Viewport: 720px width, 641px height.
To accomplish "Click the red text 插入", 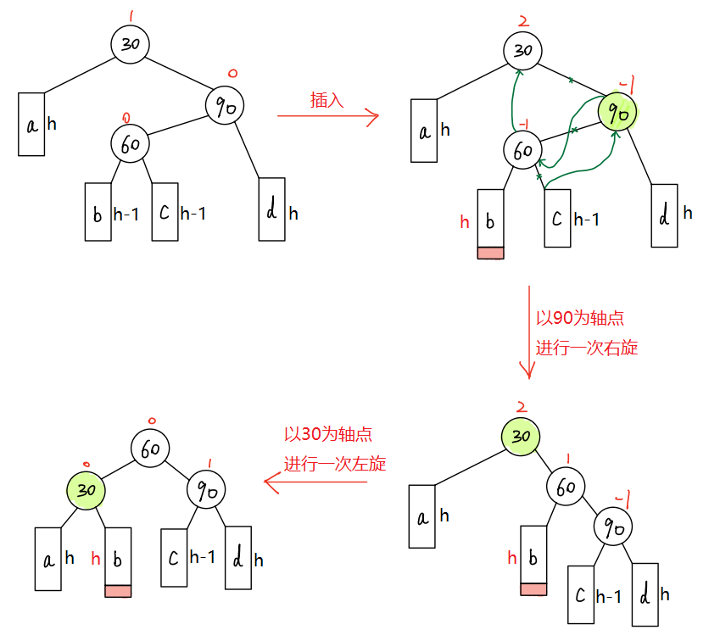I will (x=327, y=100).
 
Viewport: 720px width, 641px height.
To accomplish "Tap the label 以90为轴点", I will (x=580, y=318).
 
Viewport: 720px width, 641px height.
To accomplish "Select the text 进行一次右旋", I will (x=586, y=348).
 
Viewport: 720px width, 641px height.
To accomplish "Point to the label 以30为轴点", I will (x=327, y=434).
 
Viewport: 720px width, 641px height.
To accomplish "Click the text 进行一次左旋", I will (x=334, y=464).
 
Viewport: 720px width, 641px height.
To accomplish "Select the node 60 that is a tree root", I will (x=151, y=449).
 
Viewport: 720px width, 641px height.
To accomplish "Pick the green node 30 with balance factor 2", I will (x=522, y=435).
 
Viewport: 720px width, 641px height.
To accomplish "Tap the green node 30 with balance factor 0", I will (x=87, y=490).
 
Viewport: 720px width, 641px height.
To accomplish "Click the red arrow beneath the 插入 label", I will (x=327, y=117).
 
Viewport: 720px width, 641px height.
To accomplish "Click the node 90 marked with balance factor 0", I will (x=225, y=105).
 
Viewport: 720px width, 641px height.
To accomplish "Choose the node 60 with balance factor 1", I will (x=566, y=487).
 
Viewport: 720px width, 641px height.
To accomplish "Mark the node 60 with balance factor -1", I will (x=523, y=150).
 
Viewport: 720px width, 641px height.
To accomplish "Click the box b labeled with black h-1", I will (x=98, y=212).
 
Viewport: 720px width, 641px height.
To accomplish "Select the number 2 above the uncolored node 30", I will (x=522, y=21).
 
